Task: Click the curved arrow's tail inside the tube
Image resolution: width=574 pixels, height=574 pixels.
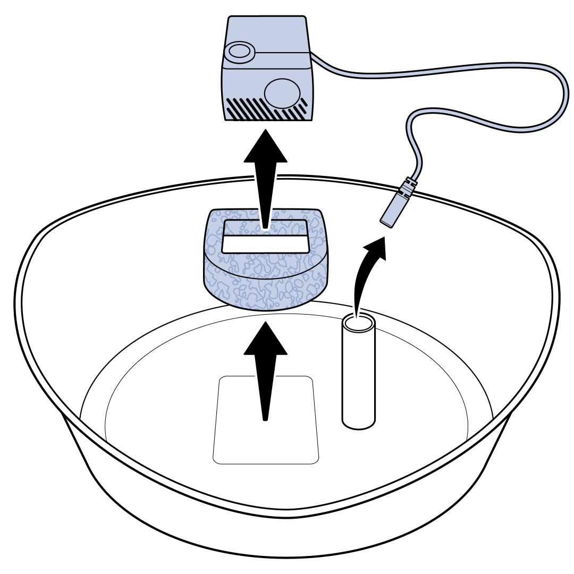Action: (357, 314)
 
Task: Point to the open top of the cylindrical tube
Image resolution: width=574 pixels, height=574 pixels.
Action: (359, 322)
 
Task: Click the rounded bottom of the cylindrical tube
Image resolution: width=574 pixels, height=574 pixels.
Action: (359, 423)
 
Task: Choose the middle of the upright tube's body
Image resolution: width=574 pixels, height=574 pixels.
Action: (359, 372)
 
